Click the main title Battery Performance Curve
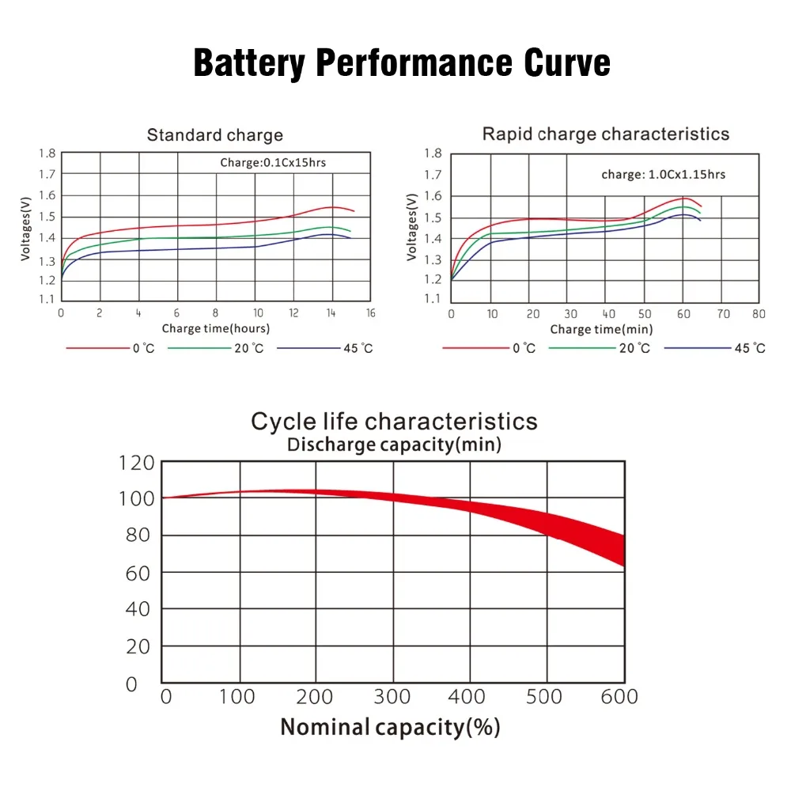point(402,63)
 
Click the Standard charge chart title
point(214,135)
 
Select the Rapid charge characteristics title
point(606,134)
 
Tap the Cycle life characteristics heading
point(394,421)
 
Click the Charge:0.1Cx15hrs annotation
point(273,164)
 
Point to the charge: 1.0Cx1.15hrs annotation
point(663,174)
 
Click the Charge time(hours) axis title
point(216,328)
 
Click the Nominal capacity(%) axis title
point(390,726)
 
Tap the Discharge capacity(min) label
point(394,445)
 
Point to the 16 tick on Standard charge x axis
point(370,313)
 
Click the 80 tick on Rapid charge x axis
point(759,314)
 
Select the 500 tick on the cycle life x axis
point(546,696)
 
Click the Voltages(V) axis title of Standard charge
point(25,228)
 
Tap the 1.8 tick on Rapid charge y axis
point(432,153)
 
